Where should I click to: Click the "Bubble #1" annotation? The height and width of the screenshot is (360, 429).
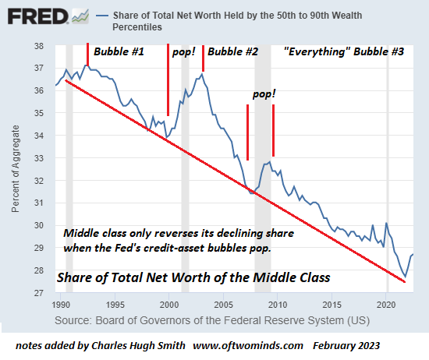(119, 53)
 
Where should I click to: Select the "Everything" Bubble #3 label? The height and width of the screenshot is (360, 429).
(344, 53)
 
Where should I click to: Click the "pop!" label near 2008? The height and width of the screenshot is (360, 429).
(264, 94)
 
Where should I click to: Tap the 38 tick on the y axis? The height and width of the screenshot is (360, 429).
(39, 46)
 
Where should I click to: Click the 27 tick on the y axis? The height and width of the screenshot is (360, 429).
(39, 293)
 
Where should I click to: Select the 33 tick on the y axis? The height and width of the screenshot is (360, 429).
(39, 158)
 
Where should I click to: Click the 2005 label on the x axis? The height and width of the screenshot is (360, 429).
(224, 304)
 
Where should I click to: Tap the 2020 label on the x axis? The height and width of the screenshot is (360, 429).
(387, 304)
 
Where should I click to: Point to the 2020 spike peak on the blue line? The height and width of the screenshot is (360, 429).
(387, 224)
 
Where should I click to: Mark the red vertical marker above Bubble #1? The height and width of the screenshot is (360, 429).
(87, 55)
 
